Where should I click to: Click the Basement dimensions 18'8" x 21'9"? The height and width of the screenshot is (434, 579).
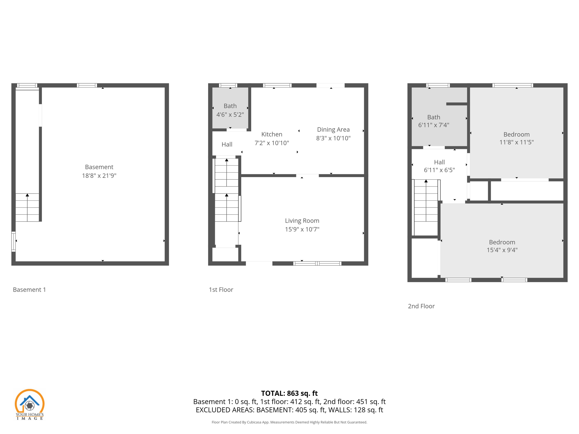[x=99, y=176]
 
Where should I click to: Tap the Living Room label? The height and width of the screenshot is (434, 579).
[x=302, y=221]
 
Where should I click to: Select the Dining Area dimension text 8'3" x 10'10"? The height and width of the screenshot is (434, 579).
[x=333, y=138]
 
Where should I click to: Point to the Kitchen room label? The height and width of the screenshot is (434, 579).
[x=271, y=134]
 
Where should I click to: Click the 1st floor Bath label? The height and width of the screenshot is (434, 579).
[x=230, y=106]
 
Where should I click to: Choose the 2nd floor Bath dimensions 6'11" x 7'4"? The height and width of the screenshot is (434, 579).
[x=433, y=125]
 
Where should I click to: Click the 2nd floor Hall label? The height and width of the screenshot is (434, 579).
[x=439, y=162]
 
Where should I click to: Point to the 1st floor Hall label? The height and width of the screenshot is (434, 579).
[x=227, y=144]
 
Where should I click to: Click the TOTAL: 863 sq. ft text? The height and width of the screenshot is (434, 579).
[x=289, y=393]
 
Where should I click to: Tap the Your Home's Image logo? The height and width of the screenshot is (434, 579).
[x=29, y=404]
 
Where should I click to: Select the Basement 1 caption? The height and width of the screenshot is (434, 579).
[x=29, y=290]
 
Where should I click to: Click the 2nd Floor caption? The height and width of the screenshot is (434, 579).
[x=421, y=306]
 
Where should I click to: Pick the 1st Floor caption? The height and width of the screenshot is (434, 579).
[x=221, y=290]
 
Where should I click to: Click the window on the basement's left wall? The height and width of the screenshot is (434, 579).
[x=13, y=242]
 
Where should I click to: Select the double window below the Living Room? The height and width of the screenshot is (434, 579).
[x=317, y=263]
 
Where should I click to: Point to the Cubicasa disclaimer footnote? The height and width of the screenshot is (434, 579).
[x=289, y=422]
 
